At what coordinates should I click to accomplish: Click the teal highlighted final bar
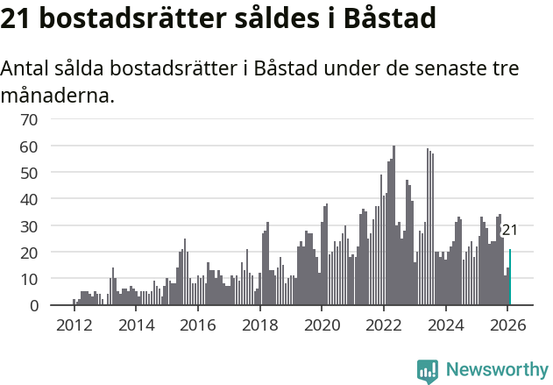[x=510, y=277]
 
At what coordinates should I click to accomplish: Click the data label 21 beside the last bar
[x=509, y=230]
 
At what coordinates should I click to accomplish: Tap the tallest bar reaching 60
[x=393, y=225]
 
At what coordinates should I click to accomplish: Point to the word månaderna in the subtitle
[x=57, y=95]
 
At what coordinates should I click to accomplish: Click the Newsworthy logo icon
[x=428, y=370]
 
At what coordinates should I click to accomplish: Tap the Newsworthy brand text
[x=496, y=370]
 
